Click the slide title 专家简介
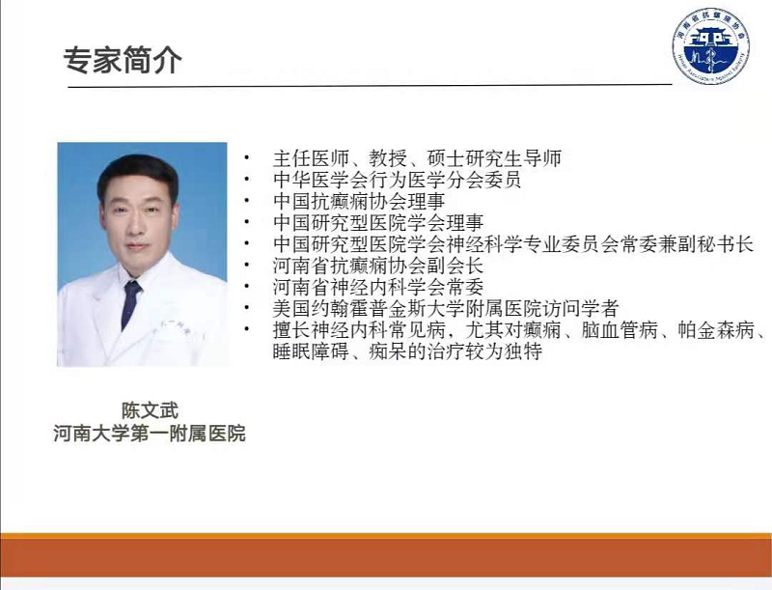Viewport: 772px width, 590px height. pyautogui.click(x=123, y=61)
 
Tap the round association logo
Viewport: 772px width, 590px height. pyautogui.click(x=711, y=44)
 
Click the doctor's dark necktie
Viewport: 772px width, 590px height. pyautogui.click(x=130, y=304)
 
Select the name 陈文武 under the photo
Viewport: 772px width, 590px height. pyautogui.click(x=150, y=410)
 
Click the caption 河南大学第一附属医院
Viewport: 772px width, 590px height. pyautogui.click(x=150, y=434)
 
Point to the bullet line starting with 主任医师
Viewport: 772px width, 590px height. pyautogui.click(x=417, y=158)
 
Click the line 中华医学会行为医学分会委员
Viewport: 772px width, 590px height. pyautogui.click(x=397, y=180)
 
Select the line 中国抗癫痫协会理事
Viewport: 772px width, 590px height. pyautogui.click(x=359, y=201)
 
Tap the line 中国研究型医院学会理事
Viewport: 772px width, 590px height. pyautogui.click(x=378, y=223)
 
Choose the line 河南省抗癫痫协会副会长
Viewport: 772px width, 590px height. pyautogui.click(x=378, y=266)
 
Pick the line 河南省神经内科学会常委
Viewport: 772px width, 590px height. pyautogui.click(x=378, y=287)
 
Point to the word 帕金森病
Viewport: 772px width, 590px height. pyautogui.click(x=716, y=329)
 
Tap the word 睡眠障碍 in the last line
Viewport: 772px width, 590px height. pyautogui.click(x=311, y=351)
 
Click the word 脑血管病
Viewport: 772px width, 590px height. pyautogui.click(x=620, y=329)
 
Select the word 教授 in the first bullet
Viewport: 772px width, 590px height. pyautogui.click(x=388, y=158)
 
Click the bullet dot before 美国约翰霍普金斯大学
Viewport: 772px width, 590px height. pyautogui.click(x=247, y=308)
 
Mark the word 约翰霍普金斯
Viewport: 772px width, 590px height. pyautogui.click(x=369, y=308)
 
